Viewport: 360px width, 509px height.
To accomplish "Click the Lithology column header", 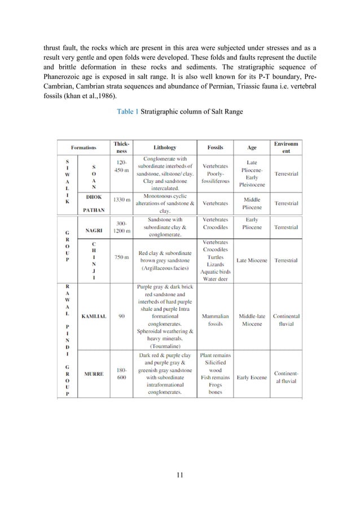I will pyautogui.click(x=164, y=147).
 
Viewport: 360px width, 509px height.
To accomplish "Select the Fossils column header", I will pyautogui.click(x=215, y=147).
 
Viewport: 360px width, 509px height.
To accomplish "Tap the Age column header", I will pyautogui.click(x=252, y=148).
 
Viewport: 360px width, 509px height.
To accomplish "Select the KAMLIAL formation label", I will pyautogui.click(x=93, y=316).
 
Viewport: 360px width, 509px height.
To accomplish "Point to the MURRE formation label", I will pyautogui.click(x=94, y=374).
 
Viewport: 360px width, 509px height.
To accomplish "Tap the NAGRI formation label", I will pyautogui.click(x=94, y=230).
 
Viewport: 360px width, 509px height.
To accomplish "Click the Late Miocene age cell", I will pyautogui.click(x=252, y=261).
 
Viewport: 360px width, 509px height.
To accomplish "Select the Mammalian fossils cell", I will pyautogui.click(x=215, y=320).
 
